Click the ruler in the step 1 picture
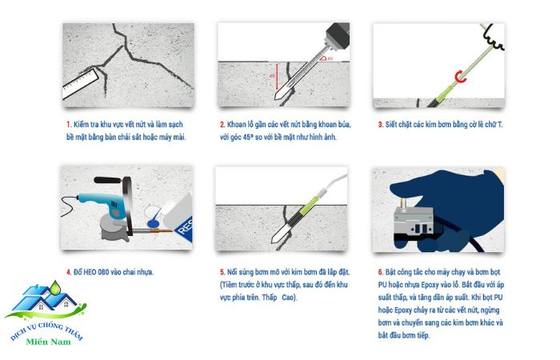81,84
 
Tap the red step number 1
69,125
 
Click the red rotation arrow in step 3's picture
460,77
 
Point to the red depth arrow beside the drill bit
277,77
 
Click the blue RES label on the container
185,226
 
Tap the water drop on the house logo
55,287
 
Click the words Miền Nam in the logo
48,342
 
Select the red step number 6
381,273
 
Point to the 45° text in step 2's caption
248,137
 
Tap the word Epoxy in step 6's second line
433,285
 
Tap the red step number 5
222,273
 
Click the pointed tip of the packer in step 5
273,242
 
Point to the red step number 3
381,125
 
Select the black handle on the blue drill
106,180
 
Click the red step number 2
222,125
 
